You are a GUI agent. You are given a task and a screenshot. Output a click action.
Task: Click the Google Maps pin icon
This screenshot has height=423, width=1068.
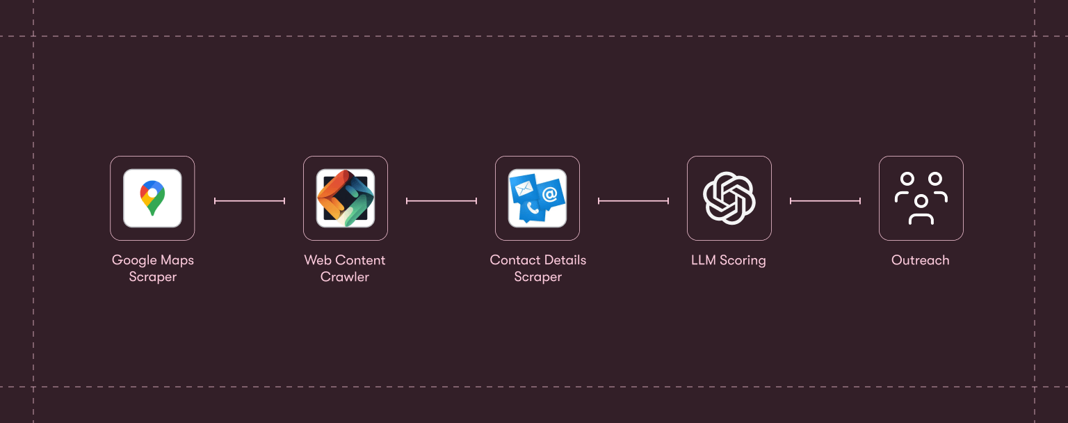click(x=152, y=198)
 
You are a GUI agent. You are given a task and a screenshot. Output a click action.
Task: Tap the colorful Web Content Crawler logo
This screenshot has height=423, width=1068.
click(x=346, y=198)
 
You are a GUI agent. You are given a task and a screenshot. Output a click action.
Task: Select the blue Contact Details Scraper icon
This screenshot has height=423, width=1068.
click(x=537, y=198)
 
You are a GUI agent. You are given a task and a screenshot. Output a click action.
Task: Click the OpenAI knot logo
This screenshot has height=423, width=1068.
click(x=729, y=198)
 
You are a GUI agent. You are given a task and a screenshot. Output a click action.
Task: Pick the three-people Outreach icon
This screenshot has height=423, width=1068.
click(x=921, y=198)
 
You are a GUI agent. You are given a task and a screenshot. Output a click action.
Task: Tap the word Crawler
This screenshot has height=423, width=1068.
click(x=345, y=277)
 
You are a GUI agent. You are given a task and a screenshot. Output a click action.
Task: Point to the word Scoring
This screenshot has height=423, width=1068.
click(x=743, y=260)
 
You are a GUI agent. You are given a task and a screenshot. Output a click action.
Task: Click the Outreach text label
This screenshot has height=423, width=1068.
click(x=921, y=260)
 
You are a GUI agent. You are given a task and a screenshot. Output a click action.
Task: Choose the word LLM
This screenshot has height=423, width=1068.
click(x=704, y=260)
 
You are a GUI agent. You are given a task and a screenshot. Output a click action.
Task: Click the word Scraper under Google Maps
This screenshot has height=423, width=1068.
click(x=153, y=277)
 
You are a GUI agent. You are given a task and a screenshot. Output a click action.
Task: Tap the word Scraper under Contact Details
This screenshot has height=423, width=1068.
click(x=538, y=277)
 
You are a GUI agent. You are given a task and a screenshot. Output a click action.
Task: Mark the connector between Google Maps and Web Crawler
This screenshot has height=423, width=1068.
click(x=250, y=201)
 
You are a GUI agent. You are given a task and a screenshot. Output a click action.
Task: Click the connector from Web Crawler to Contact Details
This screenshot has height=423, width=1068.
click(x=442, y=201)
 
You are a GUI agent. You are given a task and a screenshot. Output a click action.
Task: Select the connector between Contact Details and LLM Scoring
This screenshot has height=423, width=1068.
click(x=633, y=201)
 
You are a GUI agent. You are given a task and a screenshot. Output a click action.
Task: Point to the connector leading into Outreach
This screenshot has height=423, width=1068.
click(x=825, y=201)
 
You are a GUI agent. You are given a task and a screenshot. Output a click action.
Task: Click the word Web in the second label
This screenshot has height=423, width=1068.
click(x=317, y=260)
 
